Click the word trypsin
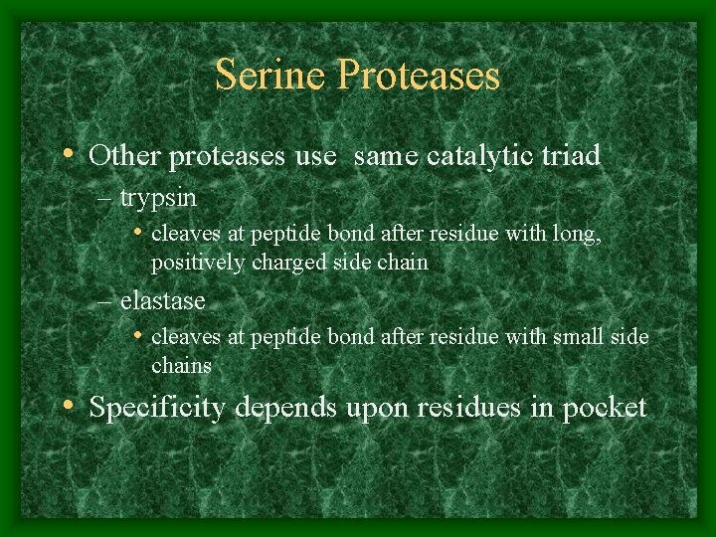[158, 199]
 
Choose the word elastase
[162, 300]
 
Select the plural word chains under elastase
[181, 365]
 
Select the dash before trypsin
[106, 199]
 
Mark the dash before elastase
[106, 300]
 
